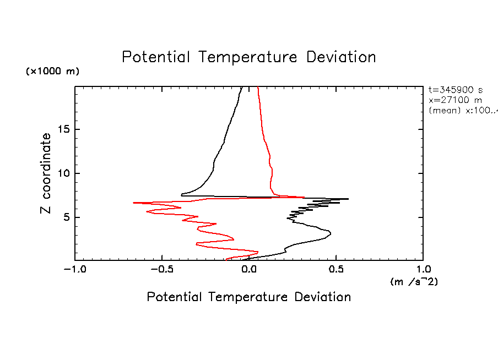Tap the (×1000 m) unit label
click(53, 72)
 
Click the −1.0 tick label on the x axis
click(74, 270)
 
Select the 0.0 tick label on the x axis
click(249, 270)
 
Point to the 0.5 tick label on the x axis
click(336, 270)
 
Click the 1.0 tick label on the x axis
click(423, 270)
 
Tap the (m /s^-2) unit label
click(414, 282)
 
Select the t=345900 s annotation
click(456, 90)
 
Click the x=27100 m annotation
click(455, 100)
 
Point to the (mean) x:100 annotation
click(462, 110)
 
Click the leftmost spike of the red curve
click(134, 203)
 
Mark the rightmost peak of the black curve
click(348, 199)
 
